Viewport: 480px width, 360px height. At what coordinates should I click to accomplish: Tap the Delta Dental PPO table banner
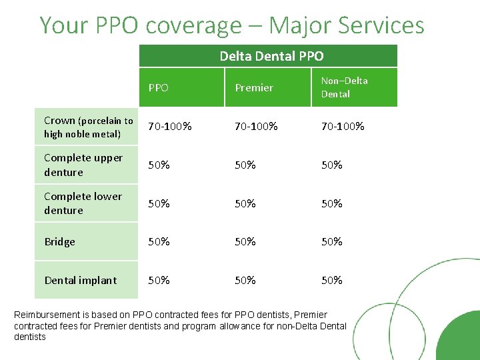[x=271, y=56]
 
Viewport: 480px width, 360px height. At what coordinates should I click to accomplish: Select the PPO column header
[x=159, y=87]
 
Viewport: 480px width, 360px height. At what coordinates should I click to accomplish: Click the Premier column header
[x=254, y=87]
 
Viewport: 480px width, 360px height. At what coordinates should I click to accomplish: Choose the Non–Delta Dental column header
[x=344, y=87]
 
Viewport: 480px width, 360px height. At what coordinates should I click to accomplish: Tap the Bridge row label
[x=60, y=242]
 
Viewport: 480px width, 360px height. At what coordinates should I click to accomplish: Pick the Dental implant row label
[x=80, y=281]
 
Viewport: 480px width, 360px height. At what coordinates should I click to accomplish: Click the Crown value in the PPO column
[x=169, y=126]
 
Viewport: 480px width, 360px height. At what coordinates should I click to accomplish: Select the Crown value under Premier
[x=256, y=126]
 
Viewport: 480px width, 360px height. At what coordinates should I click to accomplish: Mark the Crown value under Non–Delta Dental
[x=343, y=126]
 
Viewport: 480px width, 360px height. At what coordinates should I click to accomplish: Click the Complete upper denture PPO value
[x=159, y=165]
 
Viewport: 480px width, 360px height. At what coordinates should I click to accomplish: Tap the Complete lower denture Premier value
[x=245, y=203]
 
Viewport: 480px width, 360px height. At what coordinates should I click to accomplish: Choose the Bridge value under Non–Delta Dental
[x=332, y=242]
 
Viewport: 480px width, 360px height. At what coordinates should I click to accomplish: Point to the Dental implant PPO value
[x=159, y=281]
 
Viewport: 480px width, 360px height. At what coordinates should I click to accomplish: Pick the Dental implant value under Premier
[x=245, y=281]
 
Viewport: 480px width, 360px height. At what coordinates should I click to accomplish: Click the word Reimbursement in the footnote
[x=45, y=315]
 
